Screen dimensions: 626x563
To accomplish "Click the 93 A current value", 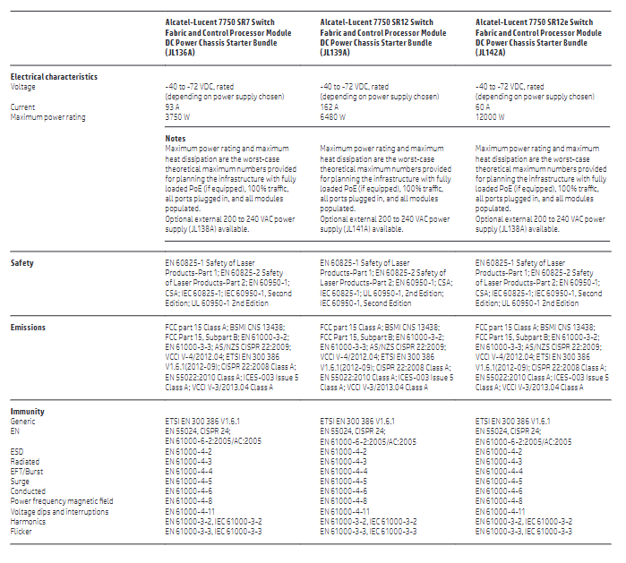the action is [x=172, y=107].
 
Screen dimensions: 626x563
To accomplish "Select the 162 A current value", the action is [x=329, y=107].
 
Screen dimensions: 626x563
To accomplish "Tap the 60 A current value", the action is [x=483, y=107].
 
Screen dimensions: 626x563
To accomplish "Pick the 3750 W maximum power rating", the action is [x=177, y=117].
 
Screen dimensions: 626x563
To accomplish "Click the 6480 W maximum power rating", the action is [x=332, y=117].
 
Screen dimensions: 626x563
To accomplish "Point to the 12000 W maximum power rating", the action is [x=490, y=117].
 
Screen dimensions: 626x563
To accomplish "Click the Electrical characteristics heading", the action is [x=54, y=77].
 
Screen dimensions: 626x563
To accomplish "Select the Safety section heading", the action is [x=22, y=263].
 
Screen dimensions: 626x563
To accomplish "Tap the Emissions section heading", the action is [x=28, y=328].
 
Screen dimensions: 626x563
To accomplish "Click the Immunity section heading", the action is [x=27, y=412].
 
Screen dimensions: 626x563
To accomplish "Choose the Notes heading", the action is [x=176, y=139].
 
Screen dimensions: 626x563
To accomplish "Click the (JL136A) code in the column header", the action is [x=180, y=53].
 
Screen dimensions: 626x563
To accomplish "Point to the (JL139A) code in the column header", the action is [x=335, y=53].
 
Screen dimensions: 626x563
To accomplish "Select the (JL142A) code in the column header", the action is [x=490, y=53].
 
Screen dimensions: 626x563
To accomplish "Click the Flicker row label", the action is [x=21, y=532].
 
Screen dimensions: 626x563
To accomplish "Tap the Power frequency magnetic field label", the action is [x=62, y=501].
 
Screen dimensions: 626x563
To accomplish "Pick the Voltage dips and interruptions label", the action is [x=59, y=511].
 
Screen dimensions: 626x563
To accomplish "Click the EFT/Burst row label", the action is [x=26, y=471].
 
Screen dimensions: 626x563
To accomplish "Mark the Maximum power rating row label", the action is [x=47, y=117].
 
